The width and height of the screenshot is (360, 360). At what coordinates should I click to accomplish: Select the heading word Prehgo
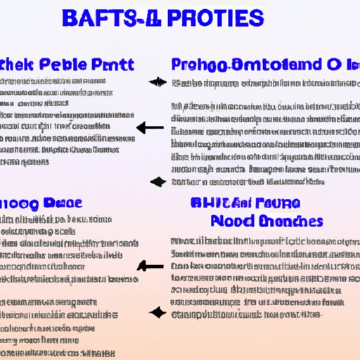198,65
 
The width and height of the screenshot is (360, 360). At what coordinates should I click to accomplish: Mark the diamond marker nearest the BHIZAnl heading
157,181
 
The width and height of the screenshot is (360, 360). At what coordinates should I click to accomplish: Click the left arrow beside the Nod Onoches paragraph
150,266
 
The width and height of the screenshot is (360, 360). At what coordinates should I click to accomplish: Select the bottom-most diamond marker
157,311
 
